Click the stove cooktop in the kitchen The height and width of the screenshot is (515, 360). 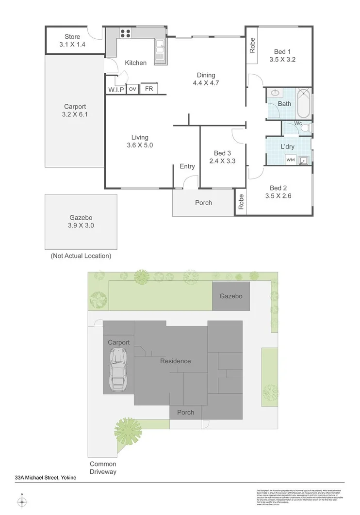click(x=125, y=33)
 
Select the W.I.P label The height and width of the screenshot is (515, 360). click(x=116, y=90)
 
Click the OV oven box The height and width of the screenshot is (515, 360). click(x=132, y=89)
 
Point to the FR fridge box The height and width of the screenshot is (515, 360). click(x=148, y=89)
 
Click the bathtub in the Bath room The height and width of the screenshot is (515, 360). click(x=303, y=103)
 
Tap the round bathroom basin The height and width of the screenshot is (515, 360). click(x=275, y=93)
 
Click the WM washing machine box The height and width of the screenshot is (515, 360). click(x=290, y=159)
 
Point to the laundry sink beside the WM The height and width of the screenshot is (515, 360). click(x=304, y=160)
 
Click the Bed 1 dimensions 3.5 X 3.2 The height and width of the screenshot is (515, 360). click(x=282, y=60)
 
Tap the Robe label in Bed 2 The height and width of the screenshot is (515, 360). click(x=241, y=202)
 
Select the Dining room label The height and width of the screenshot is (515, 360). click(x=206, y=75)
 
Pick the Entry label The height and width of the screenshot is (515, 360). click(x=187, y=166)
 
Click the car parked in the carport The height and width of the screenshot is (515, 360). click(x=118, y=370)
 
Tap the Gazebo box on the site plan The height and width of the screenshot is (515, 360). click(x=230, y=296)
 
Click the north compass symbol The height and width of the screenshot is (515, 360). click(x=22, y=501)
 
